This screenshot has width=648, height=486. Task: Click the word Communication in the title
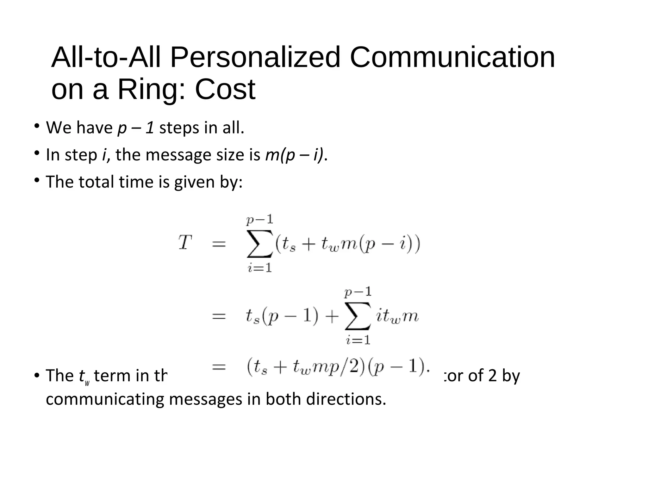(x=452, y=57)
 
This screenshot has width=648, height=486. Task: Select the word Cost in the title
(x=225, y=90)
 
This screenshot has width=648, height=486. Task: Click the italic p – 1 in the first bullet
(x=136, y=128)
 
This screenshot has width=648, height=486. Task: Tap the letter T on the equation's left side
(x=185, y=243)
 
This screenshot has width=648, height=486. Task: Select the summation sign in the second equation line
(x=358, y=316)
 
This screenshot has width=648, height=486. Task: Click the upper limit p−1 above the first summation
(x=260, y=220)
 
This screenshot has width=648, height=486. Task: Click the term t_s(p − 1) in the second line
(x=282, y=317)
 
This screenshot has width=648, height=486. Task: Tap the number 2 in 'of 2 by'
(x=492, y=376)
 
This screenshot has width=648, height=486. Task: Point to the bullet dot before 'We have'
(x=37, y=126)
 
